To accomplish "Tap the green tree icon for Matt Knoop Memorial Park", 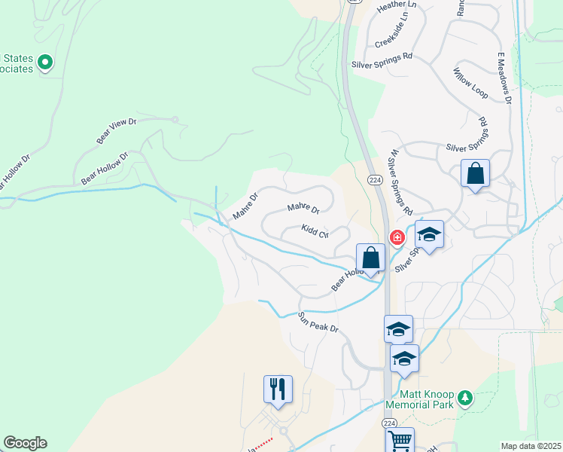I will click(465, 396).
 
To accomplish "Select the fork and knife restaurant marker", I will click(278, 389).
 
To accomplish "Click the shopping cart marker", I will click(400, 441).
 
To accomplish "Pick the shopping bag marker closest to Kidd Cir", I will click(370, 258).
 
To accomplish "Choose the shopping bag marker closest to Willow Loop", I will click(475, 173).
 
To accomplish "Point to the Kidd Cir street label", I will click(315, 231).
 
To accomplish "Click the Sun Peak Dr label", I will click(318, 322).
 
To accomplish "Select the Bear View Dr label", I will click(116, 131).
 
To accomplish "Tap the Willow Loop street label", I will click(470, 84).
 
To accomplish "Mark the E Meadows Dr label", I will click(504, 78).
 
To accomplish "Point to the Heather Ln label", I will click(391, 5).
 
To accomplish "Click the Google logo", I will click(25, 443).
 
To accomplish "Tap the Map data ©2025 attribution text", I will click(531, 446).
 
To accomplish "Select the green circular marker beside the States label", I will click(44, 63).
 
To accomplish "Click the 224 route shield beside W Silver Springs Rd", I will click(374, 180).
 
